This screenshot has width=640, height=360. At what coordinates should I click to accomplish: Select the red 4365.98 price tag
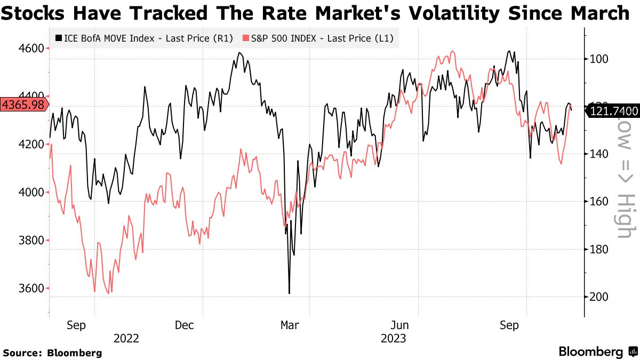pos(23,105)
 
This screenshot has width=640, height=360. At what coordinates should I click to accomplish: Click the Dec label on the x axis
pos(184,325)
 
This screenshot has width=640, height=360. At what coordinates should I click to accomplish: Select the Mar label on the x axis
pos(290,325)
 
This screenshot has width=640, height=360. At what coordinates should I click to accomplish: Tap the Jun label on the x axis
pos(400,325)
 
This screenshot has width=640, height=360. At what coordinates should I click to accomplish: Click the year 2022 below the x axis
pos(126,338)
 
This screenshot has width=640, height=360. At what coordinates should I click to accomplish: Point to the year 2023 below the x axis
pos(393,338)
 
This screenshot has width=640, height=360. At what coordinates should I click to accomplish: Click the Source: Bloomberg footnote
pos(52,353)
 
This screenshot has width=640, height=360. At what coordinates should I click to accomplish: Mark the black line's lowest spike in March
pos(289,293)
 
